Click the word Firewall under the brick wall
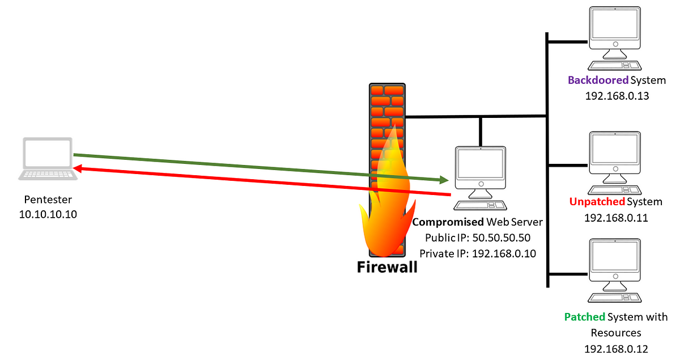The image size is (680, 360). pos(387,266)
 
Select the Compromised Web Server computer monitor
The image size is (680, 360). pos(481,165)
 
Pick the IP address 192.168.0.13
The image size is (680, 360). pos(617,96)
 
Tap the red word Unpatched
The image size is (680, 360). pos(597,202)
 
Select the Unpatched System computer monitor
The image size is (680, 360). pos(615,149)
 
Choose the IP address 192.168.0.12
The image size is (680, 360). pos(617,349)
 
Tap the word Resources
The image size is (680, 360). pos(616,333)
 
